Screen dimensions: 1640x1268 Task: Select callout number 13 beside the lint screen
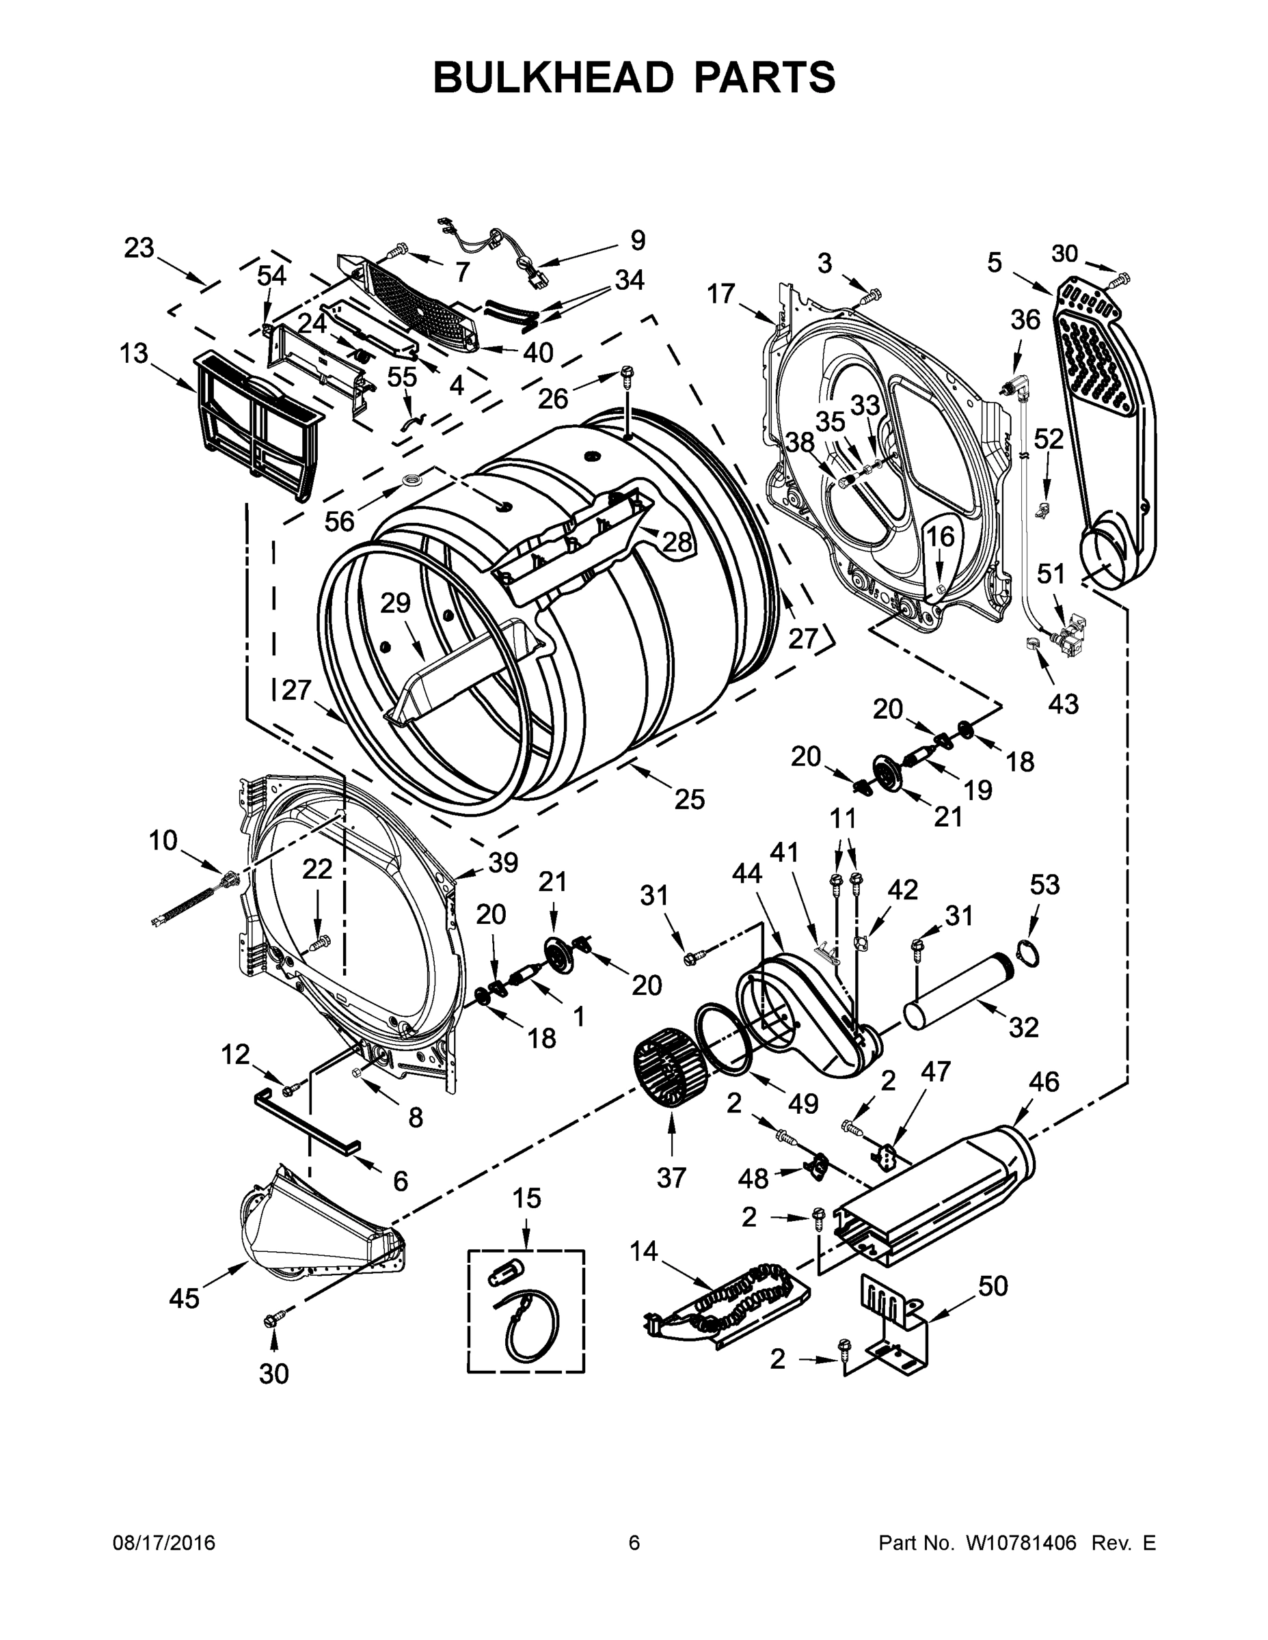point(134,354)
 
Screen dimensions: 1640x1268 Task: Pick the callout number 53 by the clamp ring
point(1044,885)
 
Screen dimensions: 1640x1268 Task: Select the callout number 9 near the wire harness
point(637,241)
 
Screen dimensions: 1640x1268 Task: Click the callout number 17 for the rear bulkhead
point(720,294)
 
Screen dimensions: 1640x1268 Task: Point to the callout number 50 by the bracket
point(993,1286)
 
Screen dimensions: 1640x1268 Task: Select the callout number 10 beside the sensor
point(162,840)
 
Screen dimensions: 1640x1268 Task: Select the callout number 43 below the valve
point(1062,704)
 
